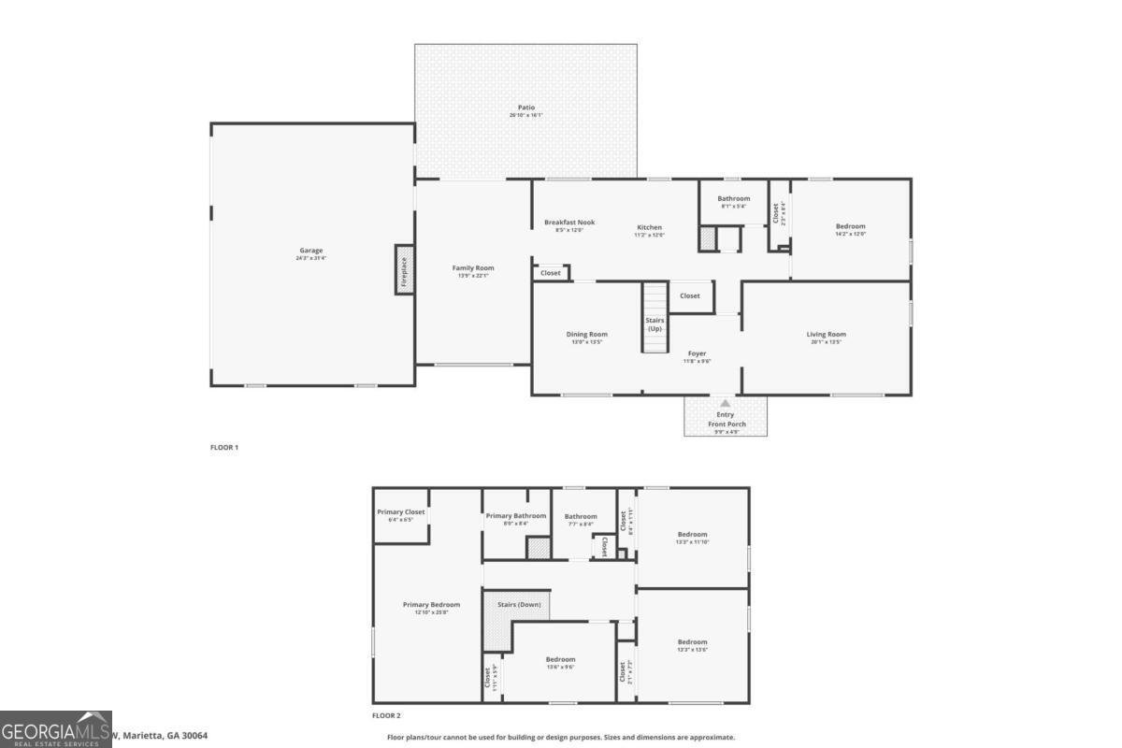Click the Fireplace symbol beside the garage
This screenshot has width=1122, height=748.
click(x=404, y=269)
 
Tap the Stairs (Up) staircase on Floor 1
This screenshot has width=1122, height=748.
click(x=654, y=318)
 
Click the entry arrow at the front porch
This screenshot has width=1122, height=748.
click(x=725, y=403)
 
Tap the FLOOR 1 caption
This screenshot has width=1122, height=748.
click(x=224, y=448)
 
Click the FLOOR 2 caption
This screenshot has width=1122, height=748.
click(x=386, y=716)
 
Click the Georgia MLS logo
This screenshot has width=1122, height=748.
click(x=56, y=729)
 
